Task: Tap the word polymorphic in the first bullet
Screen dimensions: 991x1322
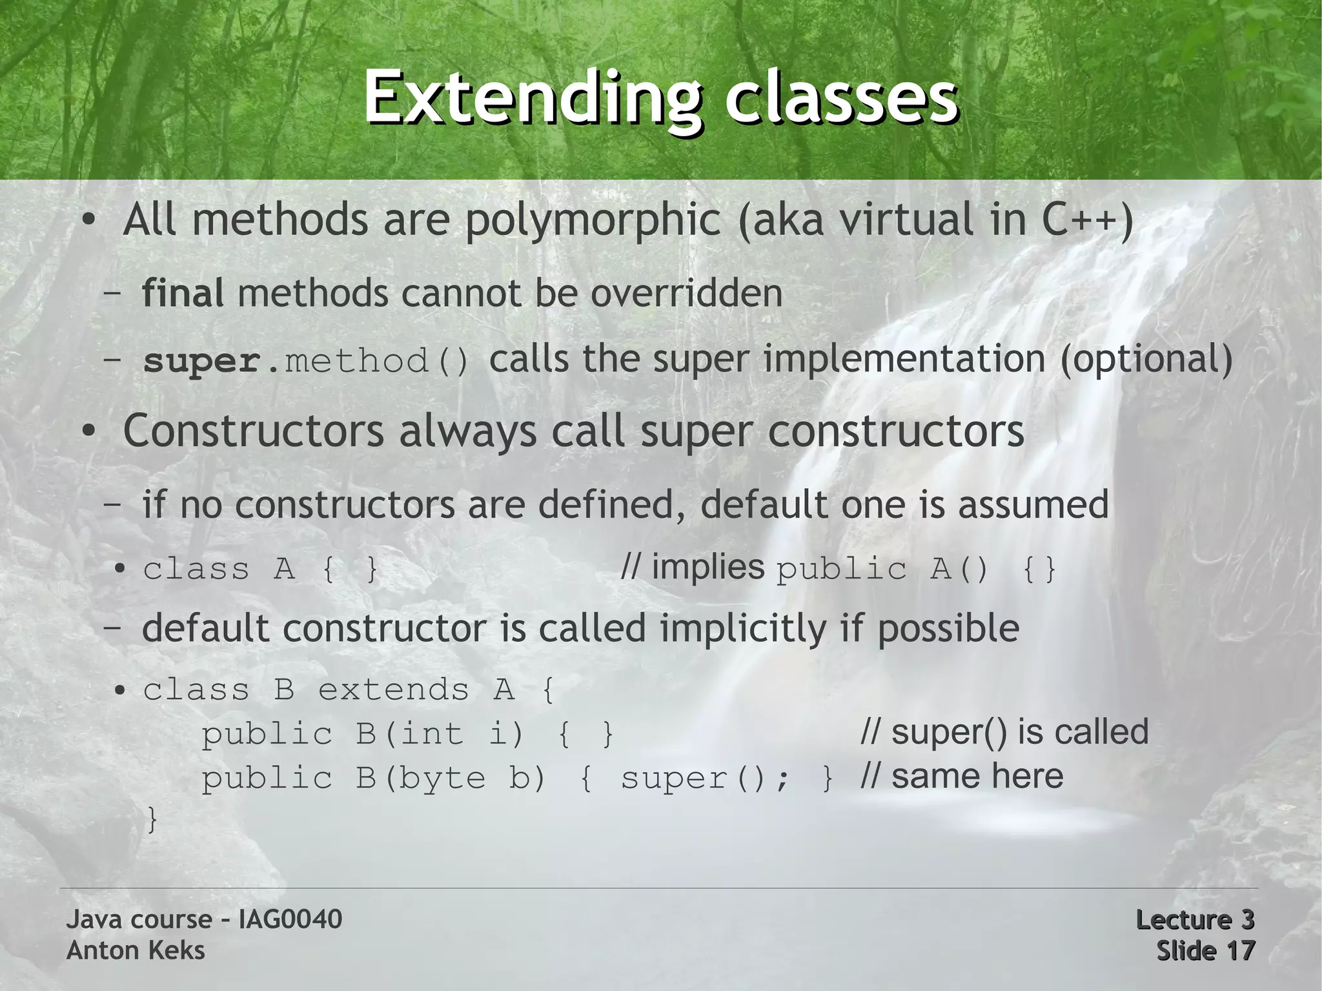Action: pos(592,220)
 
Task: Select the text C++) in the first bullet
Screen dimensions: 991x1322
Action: pos(1087,220)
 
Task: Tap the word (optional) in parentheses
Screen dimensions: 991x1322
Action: pos(1146,359)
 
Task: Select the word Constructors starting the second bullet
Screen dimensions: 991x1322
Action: pos(253,431)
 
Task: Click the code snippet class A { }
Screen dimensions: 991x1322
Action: pos(261,569)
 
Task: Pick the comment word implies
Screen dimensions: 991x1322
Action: pos(707,567)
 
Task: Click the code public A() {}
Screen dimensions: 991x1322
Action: pos(915,569)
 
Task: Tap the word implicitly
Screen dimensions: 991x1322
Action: pos(743,628)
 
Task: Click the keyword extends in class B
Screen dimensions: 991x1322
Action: pos(393,690)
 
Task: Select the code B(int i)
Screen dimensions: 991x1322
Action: pos(440,734)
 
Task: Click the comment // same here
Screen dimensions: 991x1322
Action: pos(962,776)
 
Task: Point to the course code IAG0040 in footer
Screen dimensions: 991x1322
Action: pos(290,919)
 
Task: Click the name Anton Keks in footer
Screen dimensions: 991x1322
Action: pos(136,950)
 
